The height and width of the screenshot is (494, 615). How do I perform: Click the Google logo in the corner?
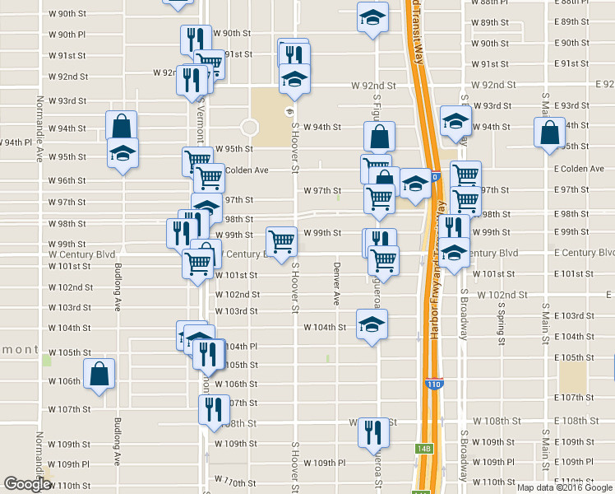[28, 484]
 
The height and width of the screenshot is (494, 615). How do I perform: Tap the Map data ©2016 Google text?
[565, 487]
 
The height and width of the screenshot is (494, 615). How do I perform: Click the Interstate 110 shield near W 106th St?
[433, 384]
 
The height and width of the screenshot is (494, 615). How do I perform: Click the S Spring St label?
[501, 318]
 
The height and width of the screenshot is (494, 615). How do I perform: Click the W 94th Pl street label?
[16, 142]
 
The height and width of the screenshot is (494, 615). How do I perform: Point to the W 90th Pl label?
[67, 35]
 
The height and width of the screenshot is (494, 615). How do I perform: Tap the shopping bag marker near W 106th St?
[99, 373]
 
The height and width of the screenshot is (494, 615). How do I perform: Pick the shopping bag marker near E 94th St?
[549, 132]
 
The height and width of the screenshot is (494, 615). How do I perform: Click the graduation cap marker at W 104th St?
[372, 323]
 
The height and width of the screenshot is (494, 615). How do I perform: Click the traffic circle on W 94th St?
[250, 128]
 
